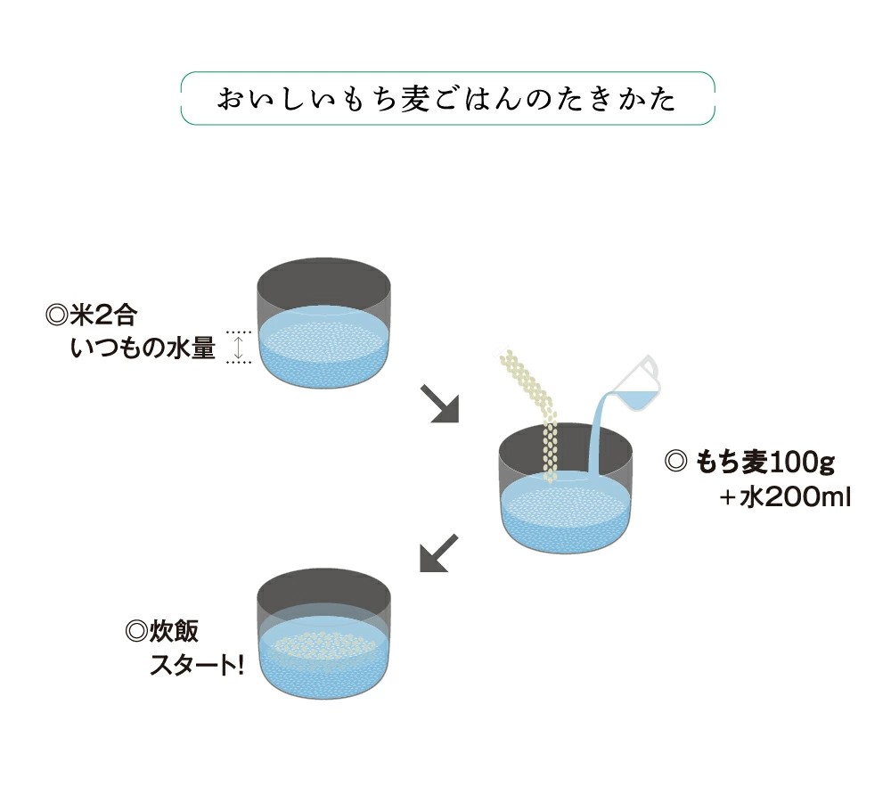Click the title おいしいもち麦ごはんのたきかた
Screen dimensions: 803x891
tap(447, 98)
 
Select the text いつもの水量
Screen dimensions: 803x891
tap(143, 348)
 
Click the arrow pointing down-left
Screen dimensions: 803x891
tap(438, 553)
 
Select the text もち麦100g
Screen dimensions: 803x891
tap(765, 463)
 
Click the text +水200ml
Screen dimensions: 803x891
tap(785, 496)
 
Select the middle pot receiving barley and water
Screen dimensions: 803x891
tap(565, 486)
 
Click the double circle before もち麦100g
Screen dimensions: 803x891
tap(676, 463)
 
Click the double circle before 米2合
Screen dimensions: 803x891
tap(56, 316)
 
